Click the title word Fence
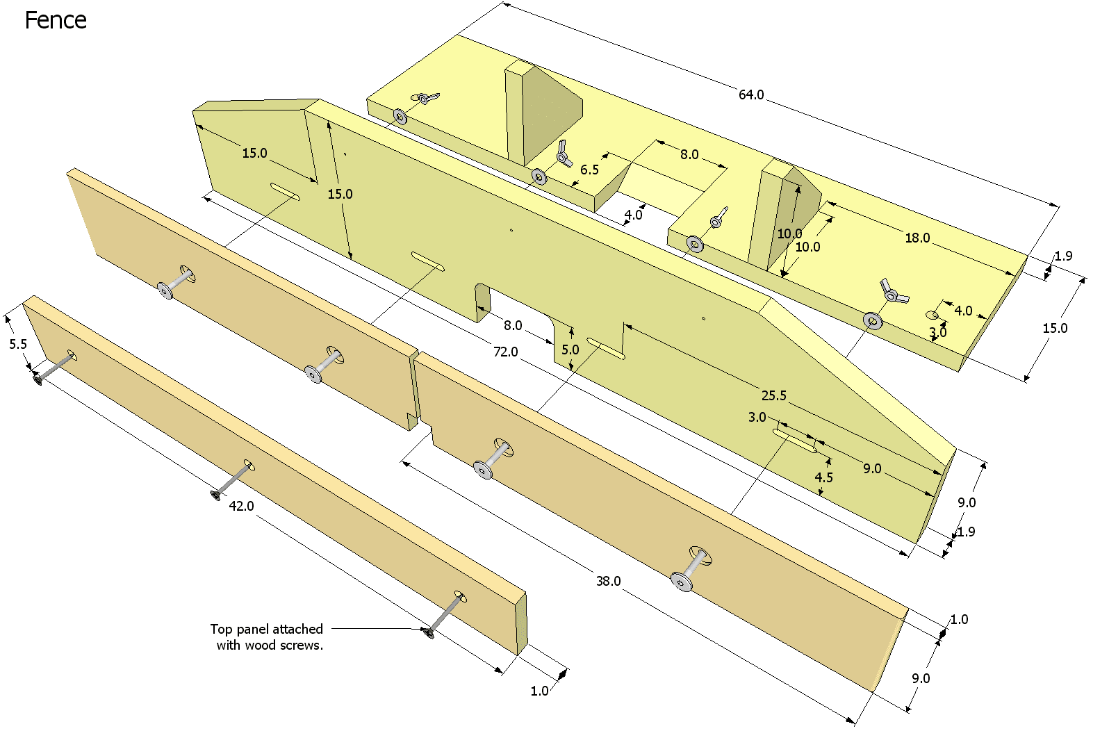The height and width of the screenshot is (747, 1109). point(56,21)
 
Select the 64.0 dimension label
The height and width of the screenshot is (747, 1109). point(751,95)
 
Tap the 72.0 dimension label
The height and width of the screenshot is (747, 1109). point(505,352)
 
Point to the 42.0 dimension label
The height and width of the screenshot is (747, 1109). point(241,506)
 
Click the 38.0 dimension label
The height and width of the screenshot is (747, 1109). point(608,581)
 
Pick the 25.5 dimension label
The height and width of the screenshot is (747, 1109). point(774,395)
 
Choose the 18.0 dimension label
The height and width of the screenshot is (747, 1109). point(917,238)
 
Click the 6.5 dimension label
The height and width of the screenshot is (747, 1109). point(589,170)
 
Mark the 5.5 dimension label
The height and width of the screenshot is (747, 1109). point(18,344)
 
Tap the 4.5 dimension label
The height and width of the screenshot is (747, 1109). point(823,477)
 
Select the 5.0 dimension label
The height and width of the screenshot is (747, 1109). point(570,350)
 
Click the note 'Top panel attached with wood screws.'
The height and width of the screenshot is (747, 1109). point(268,637)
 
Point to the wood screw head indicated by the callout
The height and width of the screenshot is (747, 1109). point(428,632)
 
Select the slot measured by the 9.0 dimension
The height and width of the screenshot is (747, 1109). point(795,441)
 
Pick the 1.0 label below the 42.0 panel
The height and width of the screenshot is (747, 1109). point(539,691)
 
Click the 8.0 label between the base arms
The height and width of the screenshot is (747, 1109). point(689,154)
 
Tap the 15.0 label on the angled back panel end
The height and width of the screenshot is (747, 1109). point(254,153)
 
